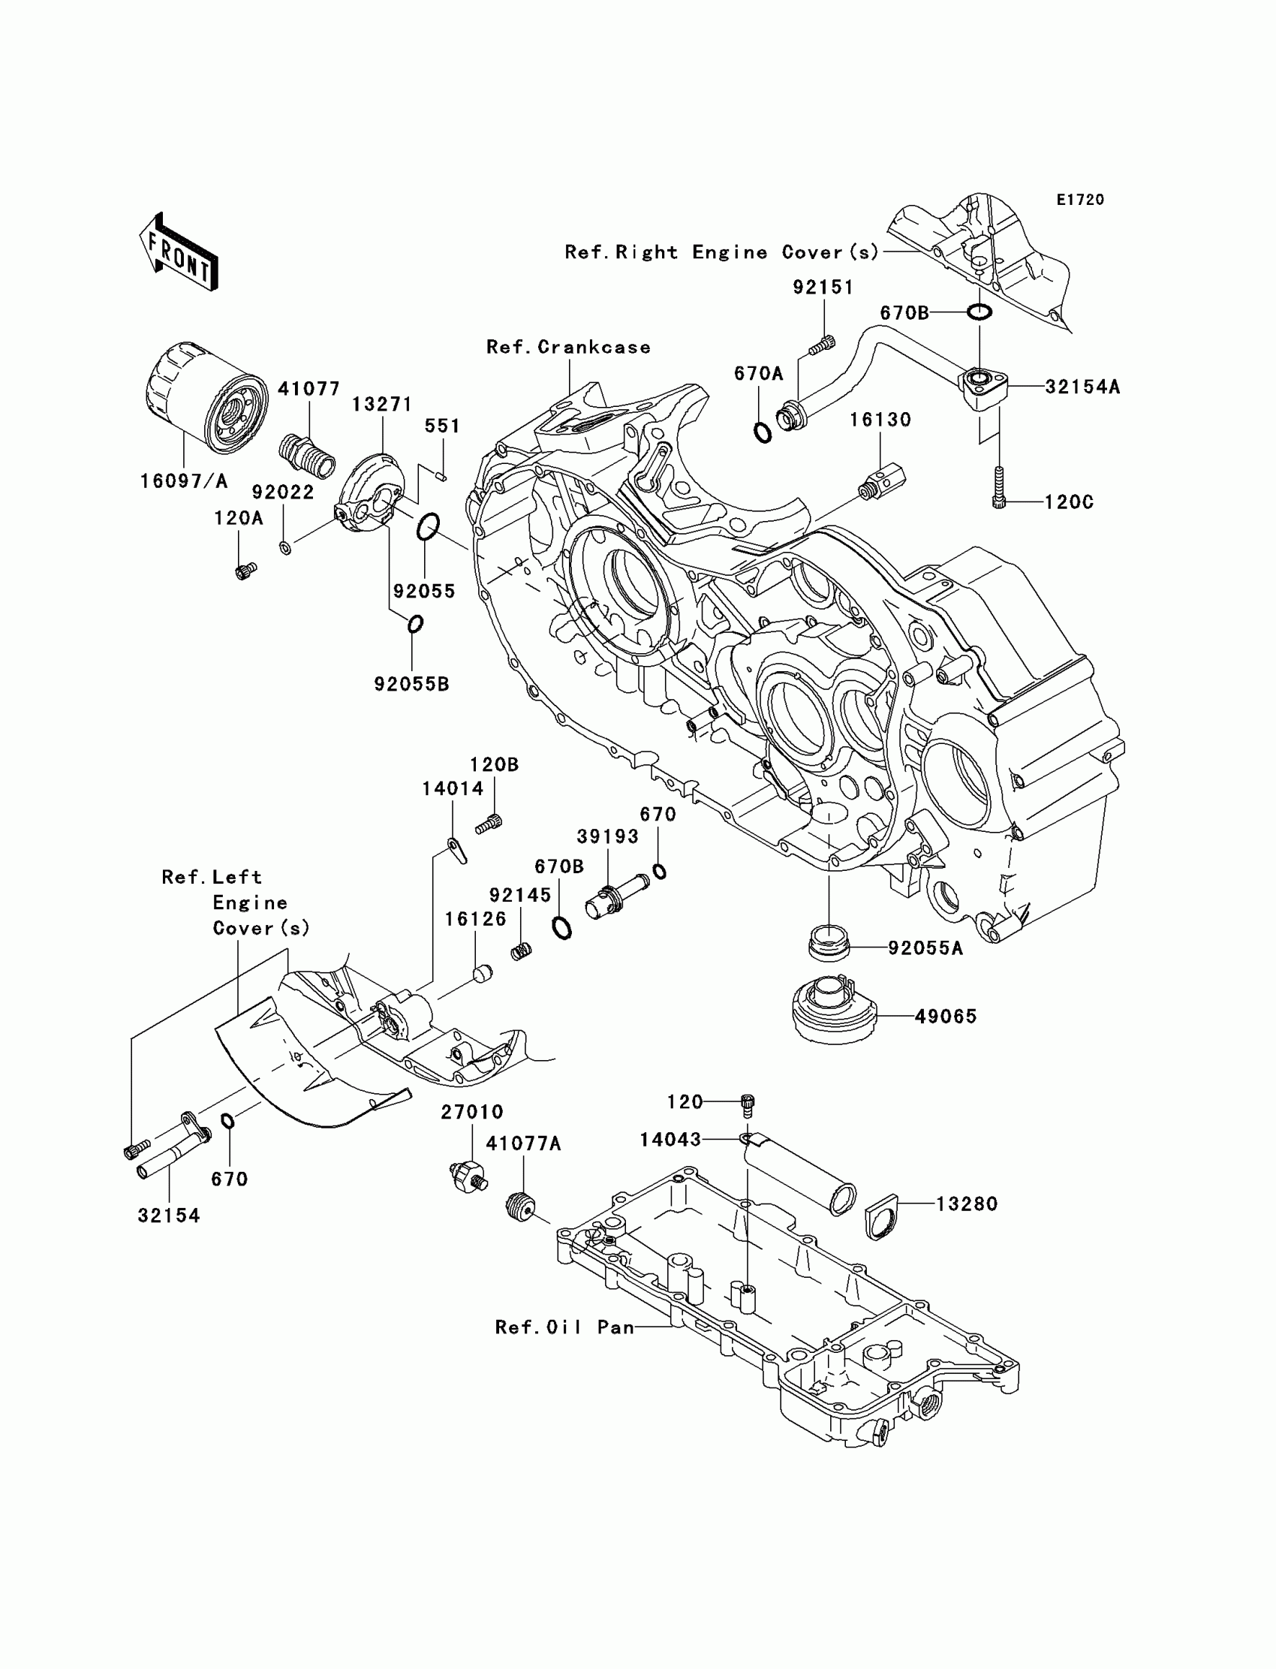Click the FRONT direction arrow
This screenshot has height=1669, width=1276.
179,251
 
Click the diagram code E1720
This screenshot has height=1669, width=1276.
1080,200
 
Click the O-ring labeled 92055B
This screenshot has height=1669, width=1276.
414,625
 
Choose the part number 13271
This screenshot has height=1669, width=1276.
381,404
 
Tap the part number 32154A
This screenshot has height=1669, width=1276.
1082,387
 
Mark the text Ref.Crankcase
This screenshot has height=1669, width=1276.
569,347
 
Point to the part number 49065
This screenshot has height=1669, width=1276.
946,1016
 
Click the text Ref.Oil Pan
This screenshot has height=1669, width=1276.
564,1327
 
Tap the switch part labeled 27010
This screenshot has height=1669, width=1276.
467,1177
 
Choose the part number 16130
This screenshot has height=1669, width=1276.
880,420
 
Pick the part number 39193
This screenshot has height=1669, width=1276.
608,836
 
